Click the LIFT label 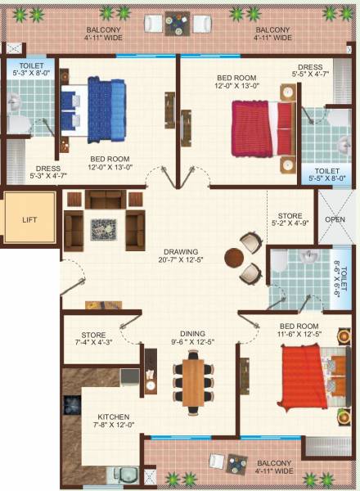coord(29,220)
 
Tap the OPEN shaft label coord(335,219)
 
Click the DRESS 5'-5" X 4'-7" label coord(310,71)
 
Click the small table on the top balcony coord(178,25)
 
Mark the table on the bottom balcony coord(237,463)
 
